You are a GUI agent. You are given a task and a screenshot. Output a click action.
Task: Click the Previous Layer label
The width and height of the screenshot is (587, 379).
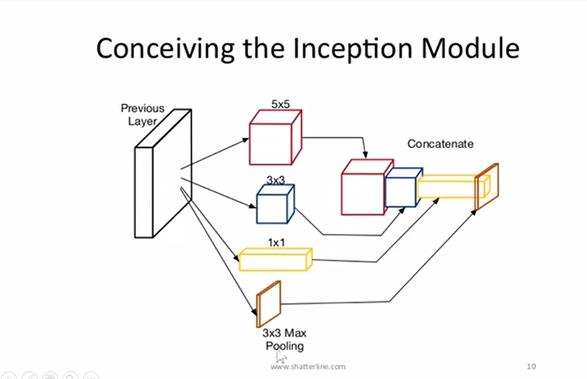coord(142,114)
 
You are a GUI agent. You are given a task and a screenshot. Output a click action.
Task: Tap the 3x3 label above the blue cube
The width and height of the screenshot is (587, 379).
coord(275,181)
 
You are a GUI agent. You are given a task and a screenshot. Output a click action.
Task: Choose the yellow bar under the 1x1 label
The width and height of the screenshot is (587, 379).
coord(276,259)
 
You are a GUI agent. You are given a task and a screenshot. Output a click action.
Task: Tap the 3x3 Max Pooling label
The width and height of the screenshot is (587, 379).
coord(285,339)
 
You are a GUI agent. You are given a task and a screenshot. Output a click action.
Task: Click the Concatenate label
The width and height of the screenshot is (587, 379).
coord(440,144)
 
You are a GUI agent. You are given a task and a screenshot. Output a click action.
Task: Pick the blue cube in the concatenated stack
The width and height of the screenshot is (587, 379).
coord(400,188)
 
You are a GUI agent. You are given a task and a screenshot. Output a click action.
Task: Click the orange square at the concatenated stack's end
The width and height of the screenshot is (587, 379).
coord(487,186)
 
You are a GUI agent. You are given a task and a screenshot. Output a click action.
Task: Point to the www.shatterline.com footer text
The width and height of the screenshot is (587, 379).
coord(308,366)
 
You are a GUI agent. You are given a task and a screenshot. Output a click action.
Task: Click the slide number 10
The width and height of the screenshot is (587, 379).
coord(532,366)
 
